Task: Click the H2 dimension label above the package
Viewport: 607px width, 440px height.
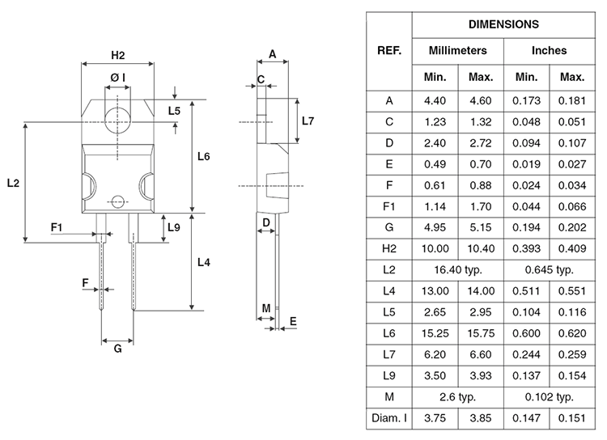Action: (117, 55)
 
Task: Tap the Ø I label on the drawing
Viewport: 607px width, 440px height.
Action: (117, 78)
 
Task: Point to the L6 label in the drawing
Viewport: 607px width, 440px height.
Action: (204, 156)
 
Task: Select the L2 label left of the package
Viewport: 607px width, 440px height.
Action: (13, 183)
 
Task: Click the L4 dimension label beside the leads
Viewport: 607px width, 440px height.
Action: (204, 262)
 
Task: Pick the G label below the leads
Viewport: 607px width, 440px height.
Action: (117, 349)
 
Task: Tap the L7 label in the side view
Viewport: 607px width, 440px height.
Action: (308, 121)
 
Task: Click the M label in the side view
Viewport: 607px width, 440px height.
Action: (266, 308)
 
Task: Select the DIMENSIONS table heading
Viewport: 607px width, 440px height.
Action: (503, 24)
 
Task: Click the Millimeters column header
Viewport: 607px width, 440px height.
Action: (457, 51)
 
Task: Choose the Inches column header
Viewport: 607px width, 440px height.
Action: (549, 51)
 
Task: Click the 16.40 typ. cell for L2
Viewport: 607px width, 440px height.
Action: (458, 269)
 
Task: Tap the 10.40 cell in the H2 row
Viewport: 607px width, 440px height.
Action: (481, 248)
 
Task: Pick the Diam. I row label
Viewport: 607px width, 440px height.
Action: (389, 418)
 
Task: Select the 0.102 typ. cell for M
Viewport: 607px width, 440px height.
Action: (550, 397)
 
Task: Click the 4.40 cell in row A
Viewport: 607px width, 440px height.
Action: (435, 100)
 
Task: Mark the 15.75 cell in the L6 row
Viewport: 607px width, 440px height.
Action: (481, 333)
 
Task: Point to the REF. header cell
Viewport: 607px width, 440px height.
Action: (389, 51)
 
